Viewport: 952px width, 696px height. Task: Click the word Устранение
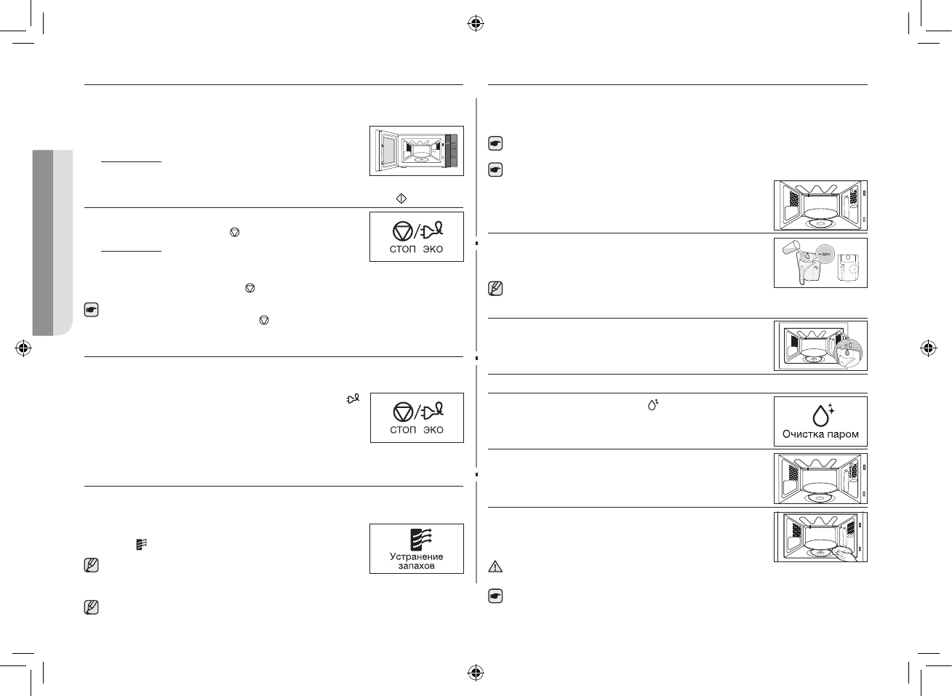[417, 556]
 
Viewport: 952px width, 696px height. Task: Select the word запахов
[417, 566]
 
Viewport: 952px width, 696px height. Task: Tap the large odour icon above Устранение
[417, 537]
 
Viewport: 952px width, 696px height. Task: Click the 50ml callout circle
[824, 253]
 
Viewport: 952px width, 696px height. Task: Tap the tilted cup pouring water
[792, 251]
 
